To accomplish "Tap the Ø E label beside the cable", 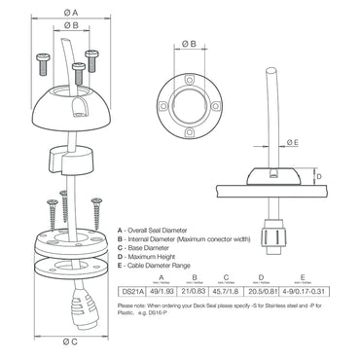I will [x=294, y=141].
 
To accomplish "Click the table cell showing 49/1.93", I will [x=160, y=289].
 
